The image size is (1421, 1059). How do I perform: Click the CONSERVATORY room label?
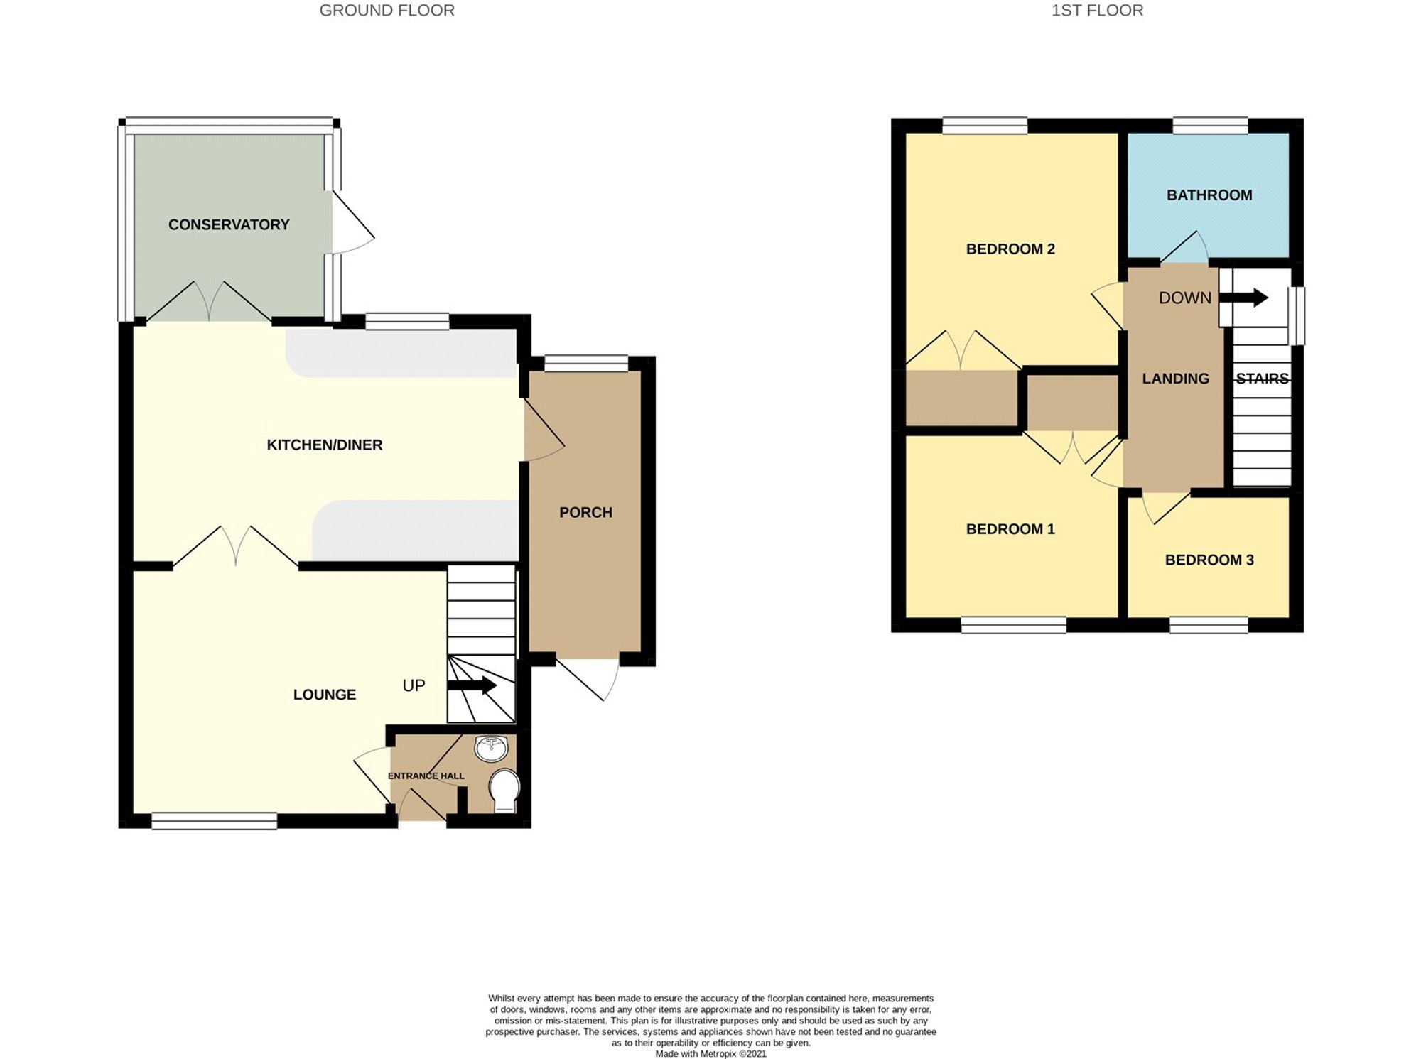click(229, 225)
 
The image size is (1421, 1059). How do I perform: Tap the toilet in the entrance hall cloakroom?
click(504, 789)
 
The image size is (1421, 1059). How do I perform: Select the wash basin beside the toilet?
click(491, 748)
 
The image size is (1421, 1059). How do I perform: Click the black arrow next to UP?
click(472, 685)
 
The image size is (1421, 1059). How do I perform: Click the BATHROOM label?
click(1209, 195)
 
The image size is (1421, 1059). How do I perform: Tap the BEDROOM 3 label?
click(1209, 560)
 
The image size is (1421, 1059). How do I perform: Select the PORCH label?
click(585, 513)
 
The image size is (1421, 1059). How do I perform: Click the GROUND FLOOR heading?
click(387, 11)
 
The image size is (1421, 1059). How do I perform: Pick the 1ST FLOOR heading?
click(1097, 11)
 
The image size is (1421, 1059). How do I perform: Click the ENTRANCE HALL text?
click(426, 776)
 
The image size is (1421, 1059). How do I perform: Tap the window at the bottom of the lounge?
click(214, 821)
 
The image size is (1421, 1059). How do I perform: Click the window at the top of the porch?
click(586, 364)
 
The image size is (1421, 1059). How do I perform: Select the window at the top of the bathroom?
click(1210, 126)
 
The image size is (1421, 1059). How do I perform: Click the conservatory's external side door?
click(352, 222)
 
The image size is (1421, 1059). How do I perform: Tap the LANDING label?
click(1175, 379)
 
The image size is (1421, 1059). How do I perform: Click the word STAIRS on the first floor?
click(1262, 379)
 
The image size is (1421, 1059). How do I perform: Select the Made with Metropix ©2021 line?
click(710, 1054)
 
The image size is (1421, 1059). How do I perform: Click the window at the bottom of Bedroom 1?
click(1013, 625)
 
